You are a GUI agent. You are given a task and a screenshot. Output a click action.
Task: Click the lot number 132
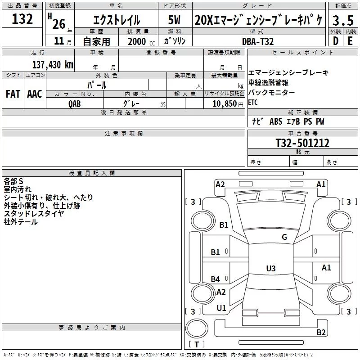22,19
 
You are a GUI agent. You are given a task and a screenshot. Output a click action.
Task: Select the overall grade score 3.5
343,20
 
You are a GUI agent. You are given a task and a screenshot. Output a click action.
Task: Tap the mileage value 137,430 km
53,65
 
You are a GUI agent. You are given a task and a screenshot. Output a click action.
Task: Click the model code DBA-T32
258,41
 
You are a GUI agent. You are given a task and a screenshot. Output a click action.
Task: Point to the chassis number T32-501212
302,143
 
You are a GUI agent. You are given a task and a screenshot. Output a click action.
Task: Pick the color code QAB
75,104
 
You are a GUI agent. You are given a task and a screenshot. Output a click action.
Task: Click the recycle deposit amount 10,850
224,103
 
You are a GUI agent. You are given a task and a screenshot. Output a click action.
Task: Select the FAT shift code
13,94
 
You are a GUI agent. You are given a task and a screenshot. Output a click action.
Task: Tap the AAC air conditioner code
35,94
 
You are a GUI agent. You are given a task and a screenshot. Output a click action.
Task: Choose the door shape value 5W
174,20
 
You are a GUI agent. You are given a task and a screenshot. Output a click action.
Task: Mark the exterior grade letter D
336,41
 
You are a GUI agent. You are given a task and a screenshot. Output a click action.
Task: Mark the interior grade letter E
350,41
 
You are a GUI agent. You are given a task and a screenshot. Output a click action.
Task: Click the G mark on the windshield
284,237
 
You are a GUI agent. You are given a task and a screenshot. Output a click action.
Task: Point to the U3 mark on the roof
271,268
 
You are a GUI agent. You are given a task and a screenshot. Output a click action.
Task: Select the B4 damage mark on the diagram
216,279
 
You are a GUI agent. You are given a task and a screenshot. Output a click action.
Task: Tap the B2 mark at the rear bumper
321,332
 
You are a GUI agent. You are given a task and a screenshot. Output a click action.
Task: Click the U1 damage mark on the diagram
221,308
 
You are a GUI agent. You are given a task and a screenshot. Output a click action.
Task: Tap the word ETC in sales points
253,102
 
